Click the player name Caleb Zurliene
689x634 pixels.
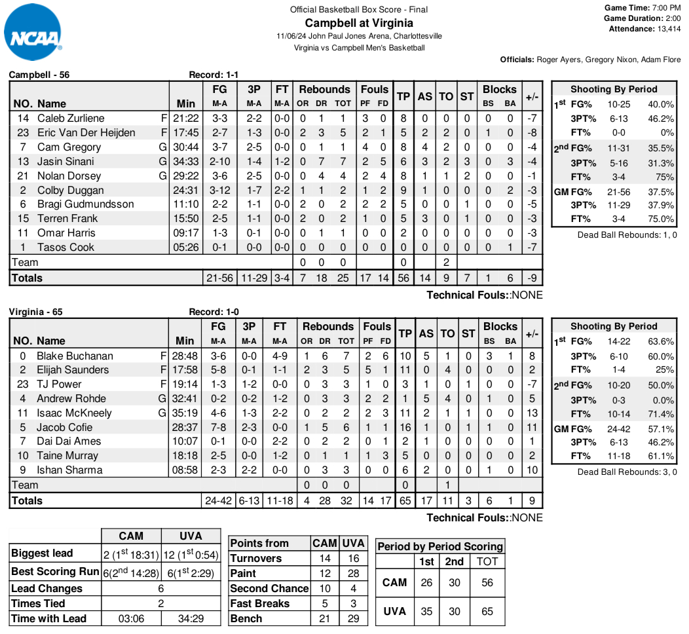point(71,119)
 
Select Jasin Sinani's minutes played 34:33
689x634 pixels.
point(186,161)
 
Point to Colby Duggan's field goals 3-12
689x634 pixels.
point(220,190)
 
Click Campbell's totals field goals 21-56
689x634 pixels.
point(220,278)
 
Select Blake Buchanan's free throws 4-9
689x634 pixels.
point(280,356)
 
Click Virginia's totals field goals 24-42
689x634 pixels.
point(219,500)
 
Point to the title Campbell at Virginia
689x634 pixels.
point(359,23)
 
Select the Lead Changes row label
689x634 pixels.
point(47,588)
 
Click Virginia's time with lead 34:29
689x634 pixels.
point(192,618)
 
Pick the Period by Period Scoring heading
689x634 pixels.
point(441,546)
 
